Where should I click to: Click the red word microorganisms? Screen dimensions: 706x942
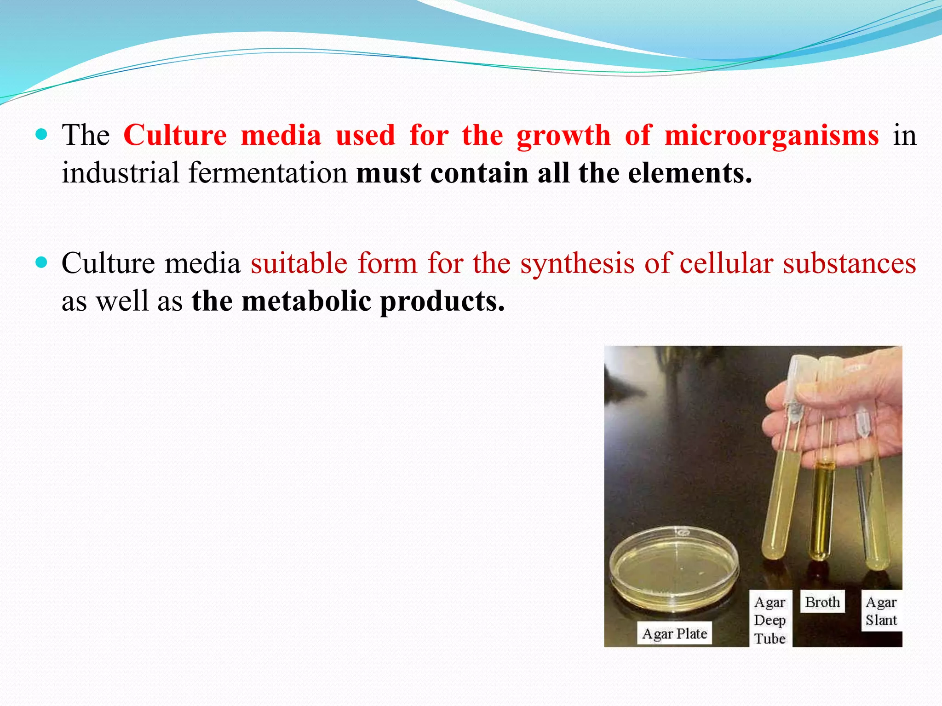[771, 136]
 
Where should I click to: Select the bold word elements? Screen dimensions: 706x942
[690, 173]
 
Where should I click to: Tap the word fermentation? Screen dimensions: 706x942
[268, 173]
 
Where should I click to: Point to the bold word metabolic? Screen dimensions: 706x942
[306, 302]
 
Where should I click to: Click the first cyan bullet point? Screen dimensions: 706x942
[41, 135]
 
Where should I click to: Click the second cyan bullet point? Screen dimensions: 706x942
[41, 262]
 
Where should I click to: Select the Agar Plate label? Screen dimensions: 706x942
[674, 634]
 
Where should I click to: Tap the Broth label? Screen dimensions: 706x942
[822, 602]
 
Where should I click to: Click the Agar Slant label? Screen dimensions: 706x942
[881, 611]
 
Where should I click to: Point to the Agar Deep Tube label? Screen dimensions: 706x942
[770, 620]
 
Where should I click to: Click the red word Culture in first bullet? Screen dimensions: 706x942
[175, 136]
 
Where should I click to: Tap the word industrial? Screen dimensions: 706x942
[121, 173]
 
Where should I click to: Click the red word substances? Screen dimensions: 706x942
[850, 264]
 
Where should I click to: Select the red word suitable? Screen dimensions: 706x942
[299, 264]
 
